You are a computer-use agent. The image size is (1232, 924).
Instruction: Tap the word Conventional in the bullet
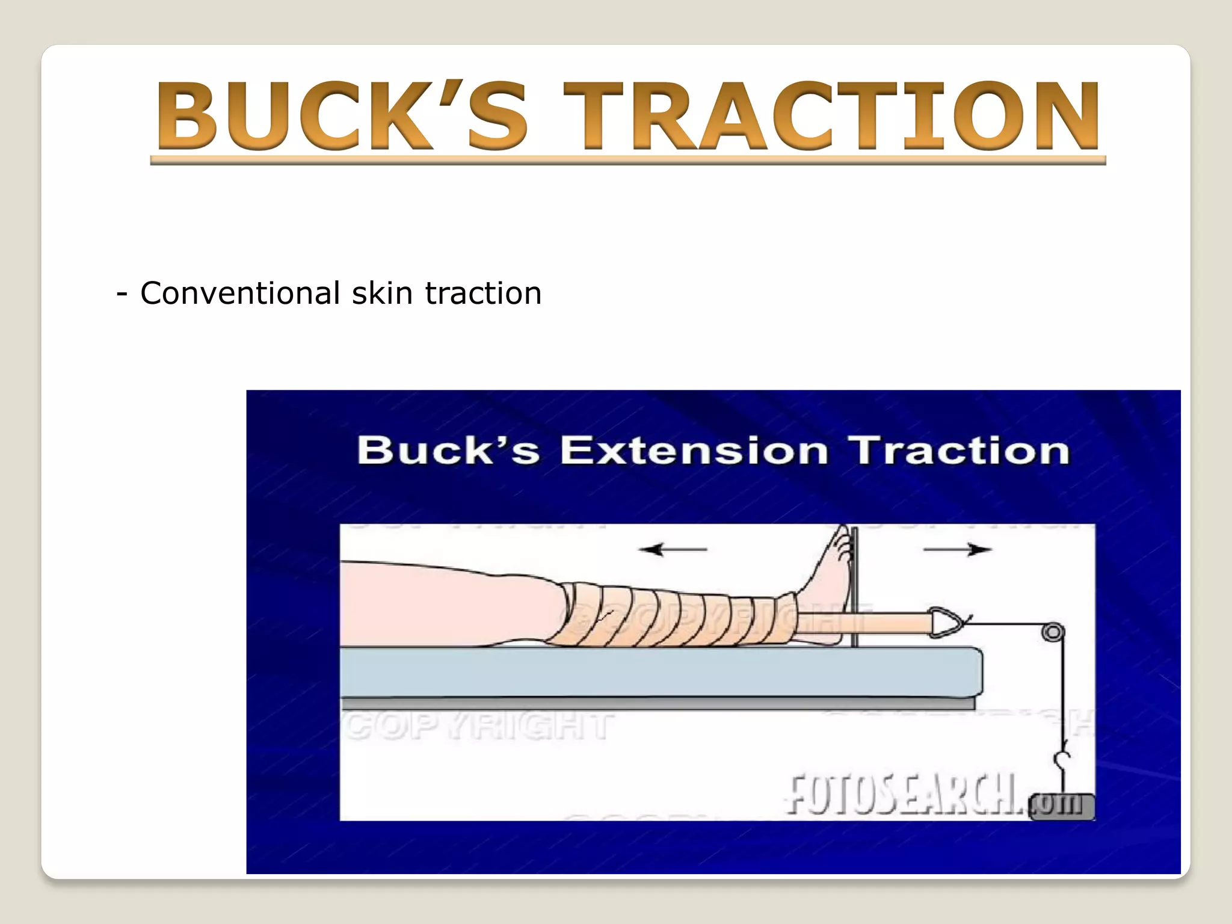[240, 294]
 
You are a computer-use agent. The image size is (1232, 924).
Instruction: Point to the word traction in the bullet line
[483, 294]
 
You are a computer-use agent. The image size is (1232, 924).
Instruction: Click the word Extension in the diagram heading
[694, 451]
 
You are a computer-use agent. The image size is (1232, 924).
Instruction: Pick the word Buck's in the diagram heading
[448, 451]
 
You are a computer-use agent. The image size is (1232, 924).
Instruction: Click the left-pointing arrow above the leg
[673, 549]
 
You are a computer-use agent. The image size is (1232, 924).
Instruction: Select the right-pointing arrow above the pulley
[957, 549]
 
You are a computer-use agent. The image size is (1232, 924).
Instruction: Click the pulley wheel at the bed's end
[1053, 632]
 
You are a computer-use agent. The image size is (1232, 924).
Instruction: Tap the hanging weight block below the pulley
[1062, 807]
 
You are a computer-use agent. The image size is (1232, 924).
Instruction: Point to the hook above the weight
[1062, 761]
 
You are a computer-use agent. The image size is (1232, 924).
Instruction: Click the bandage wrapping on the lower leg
[674, 614]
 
